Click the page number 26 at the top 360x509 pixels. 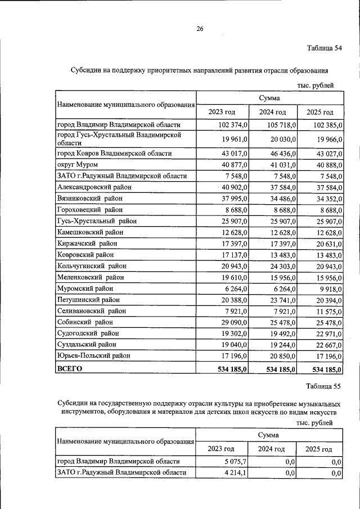[x=200, y=29]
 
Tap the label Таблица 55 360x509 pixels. [x=324, y=386]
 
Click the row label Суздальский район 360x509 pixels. [x=87, y=344]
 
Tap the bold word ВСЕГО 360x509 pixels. [x=70, y=369]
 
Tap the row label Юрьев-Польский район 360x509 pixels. [x=93, y=355]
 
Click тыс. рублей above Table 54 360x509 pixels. [x=316, y=85]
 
